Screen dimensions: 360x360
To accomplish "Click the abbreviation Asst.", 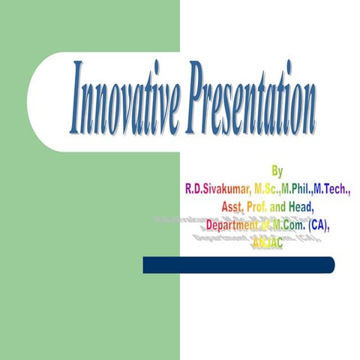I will tap(234, 208).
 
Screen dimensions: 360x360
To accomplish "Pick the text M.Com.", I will tap(295, 225).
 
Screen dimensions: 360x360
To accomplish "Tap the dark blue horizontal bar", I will tap(238, 265).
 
